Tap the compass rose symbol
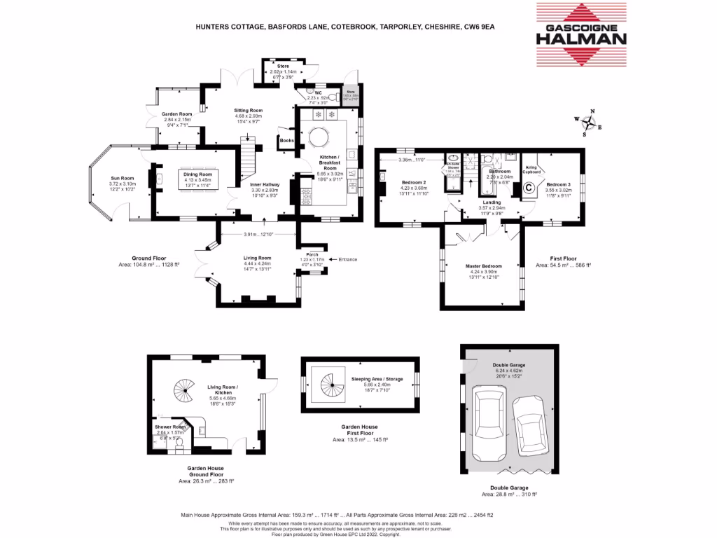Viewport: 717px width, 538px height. click(590, 124)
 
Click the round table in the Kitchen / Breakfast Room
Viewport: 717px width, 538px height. click(319, 134)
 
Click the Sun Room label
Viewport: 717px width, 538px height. click(121, 178)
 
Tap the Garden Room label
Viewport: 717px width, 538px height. click(176, 113)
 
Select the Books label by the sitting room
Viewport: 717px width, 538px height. click(286, 141)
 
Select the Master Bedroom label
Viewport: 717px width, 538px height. click(482, 266)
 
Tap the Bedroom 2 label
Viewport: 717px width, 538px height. click(413, 182)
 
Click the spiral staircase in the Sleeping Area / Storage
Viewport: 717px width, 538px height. click(333, 384)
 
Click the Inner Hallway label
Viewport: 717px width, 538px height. click(265, 184)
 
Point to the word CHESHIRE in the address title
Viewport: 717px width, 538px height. click(440, 27)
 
